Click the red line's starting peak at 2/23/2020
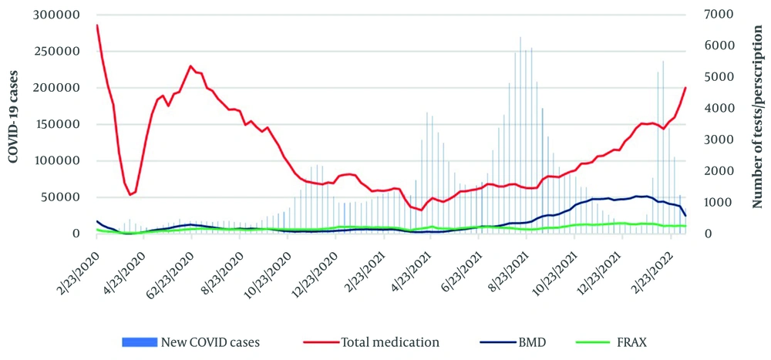point(97,25)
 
